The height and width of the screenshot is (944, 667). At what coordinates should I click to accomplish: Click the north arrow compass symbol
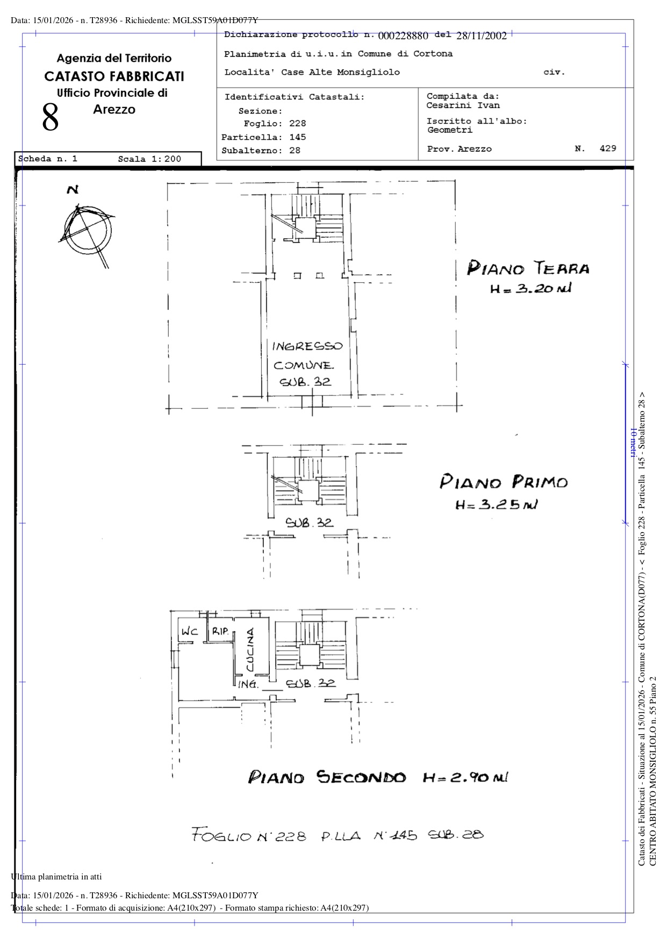point(86,228)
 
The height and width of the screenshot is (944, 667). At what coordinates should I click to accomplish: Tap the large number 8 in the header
point(51,118)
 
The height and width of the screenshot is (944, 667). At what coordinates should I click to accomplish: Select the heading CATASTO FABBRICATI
point(114,76)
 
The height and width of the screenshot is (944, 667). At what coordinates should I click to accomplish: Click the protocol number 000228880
point(403,36)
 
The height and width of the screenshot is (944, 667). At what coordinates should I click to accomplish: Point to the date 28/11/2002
point(482,36)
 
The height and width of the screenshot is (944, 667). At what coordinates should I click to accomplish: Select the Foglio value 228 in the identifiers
point(298,124)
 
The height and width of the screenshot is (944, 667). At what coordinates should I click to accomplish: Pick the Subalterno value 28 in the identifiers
point(295,151)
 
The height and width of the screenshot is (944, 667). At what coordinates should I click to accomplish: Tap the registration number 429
point(608,148)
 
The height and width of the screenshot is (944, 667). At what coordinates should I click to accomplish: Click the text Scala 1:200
point(149,159)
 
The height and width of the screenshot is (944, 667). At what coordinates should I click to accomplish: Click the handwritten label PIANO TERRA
point(528,268)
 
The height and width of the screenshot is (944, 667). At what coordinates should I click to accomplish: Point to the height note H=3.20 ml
point(530,289)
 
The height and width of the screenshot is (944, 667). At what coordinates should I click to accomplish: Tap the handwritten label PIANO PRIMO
point(504,481)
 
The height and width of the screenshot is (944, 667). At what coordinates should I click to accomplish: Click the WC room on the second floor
point(189,631)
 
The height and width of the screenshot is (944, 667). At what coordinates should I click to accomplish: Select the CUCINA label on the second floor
point(250,650)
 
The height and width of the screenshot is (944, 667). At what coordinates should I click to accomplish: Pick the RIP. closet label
point(220,631)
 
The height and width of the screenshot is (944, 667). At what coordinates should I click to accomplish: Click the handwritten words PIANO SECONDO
point(327,777)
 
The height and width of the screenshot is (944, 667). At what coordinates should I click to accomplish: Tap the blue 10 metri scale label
point(633,443)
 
